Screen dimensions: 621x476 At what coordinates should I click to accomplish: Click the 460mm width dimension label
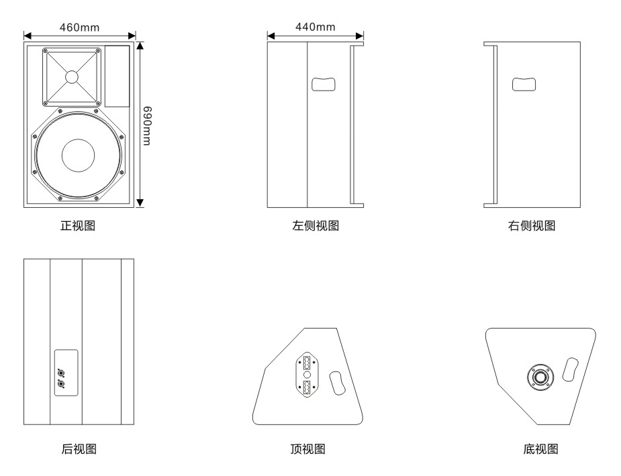click(x=80, y=27)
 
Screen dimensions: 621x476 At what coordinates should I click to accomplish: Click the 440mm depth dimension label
click(x=316, y=27)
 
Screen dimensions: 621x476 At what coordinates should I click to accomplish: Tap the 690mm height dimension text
click(x=147, y=126)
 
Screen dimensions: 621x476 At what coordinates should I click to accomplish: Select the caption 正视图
click(x=78, y=226)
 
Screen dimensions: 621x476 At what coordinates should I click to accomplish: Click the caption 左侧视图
click(x=316, y=226)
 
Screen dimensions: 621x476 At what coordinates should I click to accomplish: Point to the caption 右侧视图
click(x=532, y=226)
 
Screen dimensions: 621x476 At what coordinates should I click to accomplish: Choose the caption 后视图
click(x=79, y=449)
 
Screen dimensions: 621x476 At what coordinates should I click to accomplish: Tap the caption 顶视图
click(x=307, y=449)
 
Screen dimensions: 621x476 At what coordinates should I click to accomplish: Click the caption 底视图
click(x=540, y=449)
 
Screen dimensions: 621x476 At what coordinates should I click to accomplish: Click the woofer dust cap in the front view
click(x=79, y=156)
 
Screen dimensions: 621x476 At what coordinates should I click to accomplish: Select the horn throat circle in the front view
click(x=72, y=76)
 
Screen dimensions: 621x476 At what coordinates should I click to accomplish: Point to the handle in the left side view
click(x=324, y=84)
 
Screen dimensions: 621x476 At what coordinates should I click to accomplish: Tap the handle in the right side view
click(x=524, y=84)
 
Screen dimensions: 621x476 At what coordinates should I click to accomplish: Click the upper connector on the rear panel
click(x=61, y=372)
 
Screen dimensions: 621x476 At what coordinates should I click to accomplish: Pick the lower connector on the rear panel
click(x=61, y=383)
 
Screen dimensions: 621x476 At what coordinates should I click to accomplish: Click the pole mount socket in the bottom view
click(x=540, y=377)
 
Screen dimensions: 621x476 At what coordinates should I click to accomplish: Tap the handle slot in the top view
click(x=338, y=383)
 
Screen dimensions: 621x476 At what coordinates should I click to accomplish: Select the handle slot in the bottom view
click(x=570, y=369)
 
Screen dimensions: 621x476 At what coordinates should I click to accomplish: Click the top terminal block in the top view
click(x=307, y=363)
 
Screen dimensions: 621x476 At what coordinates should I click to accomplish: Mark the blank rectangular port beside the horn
click(x=117, y=76)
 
